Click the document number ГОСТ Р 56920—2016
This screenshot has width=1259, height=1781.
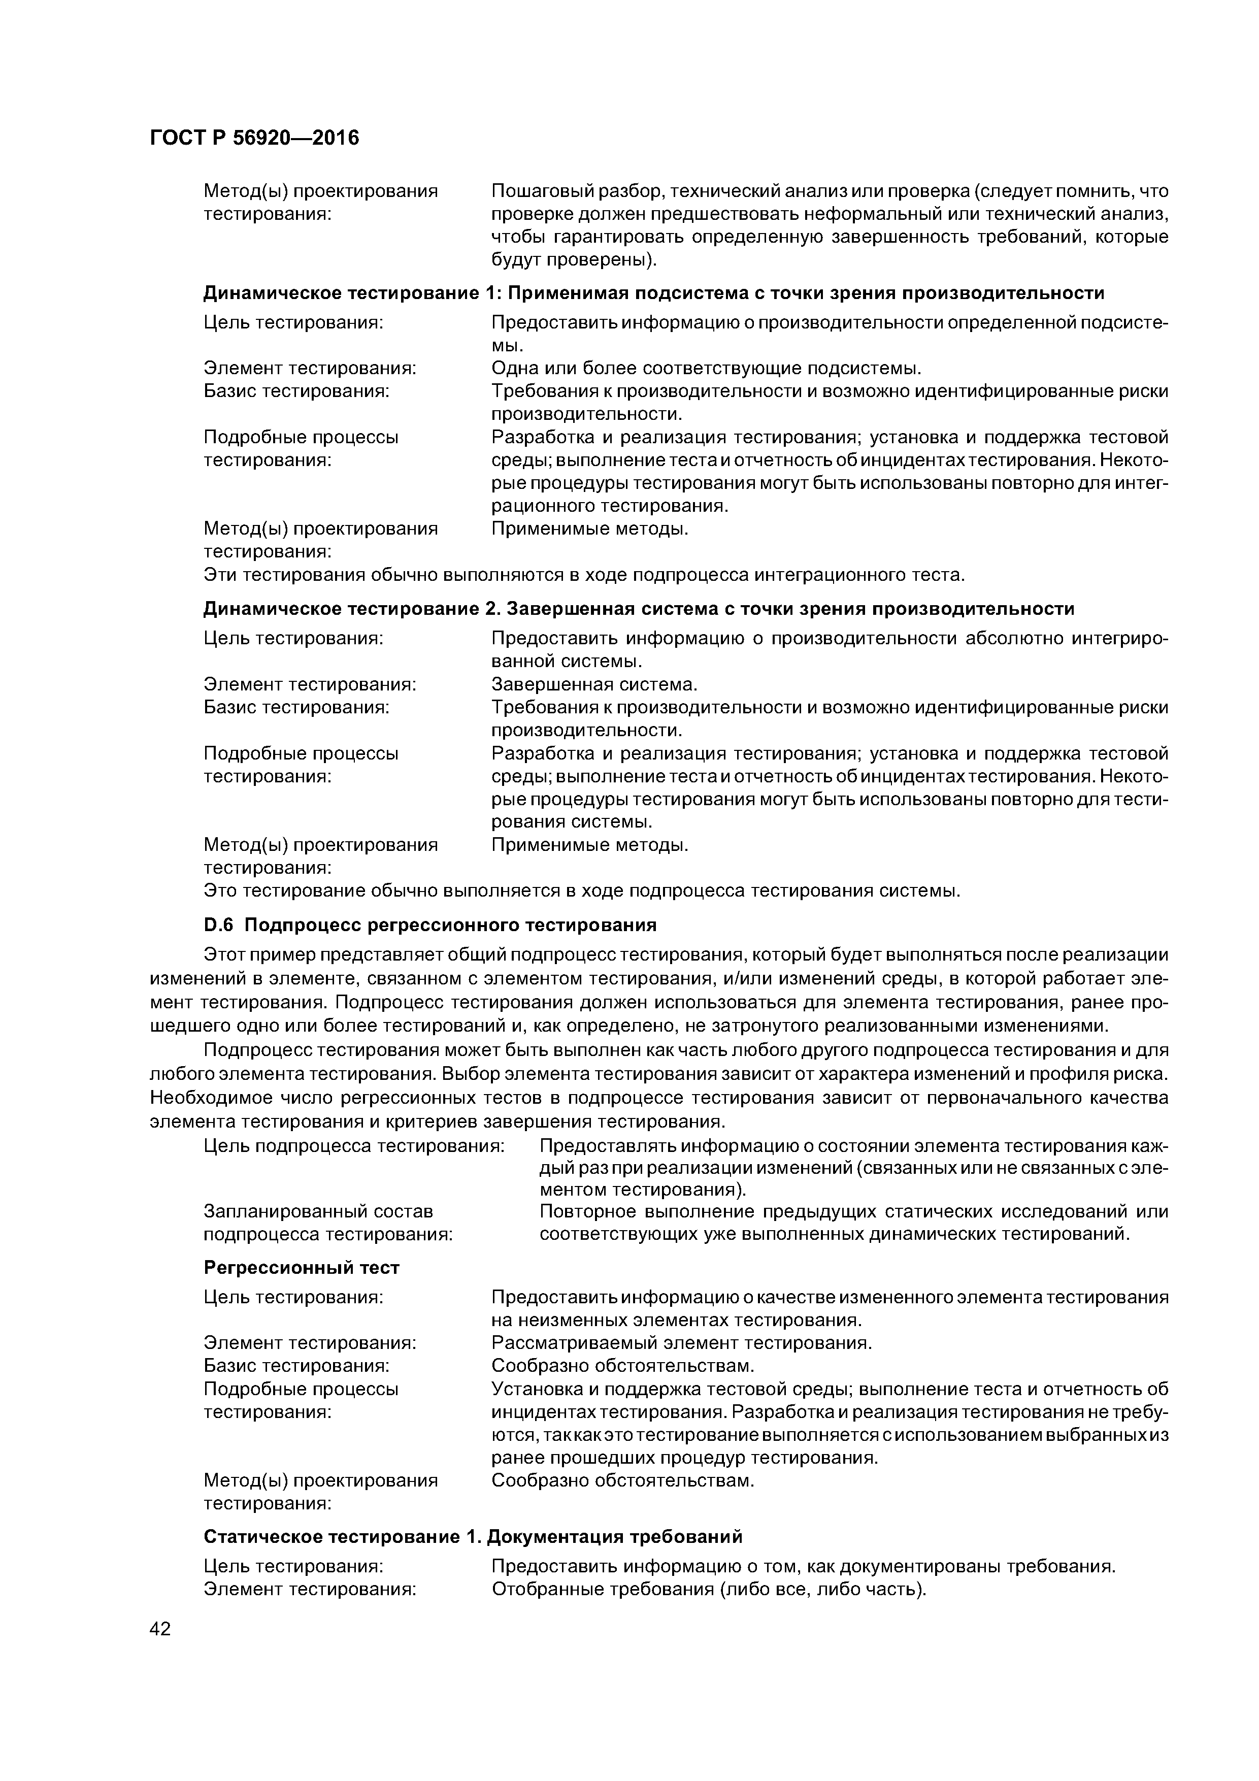(254, 138)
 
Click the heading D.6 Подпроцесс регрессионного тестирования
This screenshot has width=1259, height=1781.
(430, 925)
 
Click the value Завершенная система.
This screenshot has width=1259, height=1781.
(595, 684)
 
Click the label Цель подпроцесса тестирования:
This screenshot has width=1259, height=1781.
(354, 1145)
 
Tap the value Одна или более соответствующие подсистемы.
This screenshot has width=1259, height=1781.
(707, 368)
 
